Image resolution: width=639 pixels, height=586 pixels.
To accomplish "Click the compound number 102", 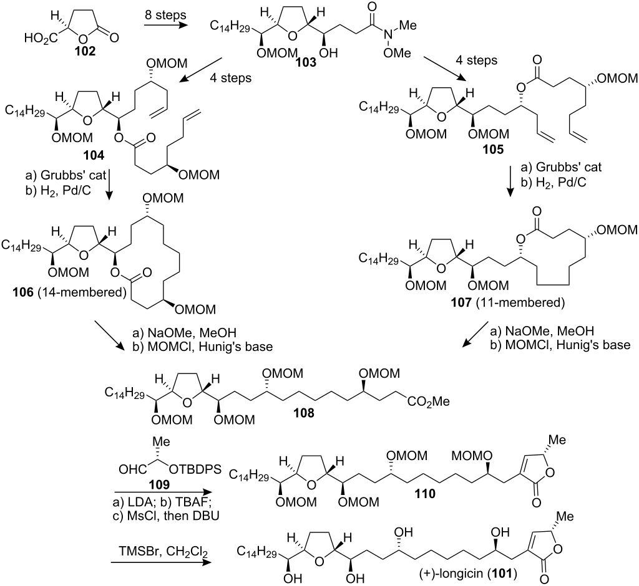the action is point(85,51).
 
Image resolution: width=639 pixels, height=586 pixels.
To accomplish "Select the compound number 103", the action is point(306,63).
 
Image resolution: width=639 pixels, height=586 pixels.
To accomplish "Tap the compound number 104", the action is point(94,155).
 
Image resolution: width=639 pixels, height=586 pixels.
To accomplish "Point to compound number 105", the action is point(493,150).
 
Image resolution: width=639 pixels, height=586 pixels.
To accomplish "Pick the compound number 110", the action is point(424,494).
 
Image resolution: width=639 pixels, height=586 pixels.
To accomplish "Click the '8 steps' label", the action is point(165,15).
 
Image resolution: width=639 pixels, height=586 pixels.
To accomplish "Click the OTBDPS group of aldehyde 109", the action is point(195,469).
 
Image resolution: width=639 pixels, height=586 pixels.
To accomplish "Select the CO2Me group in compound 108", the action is point(428,402).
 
